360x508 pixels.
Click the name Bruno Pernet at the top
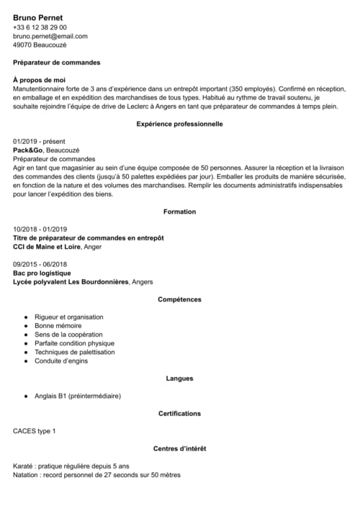point(38,17)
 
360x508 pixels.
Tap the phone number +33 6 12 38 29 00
point(40,27)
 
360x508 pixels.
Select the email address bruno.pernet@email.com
point(50,36)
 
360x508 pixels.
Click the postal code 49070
point(22,45)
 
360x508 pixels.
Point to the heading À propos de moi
point(40,80)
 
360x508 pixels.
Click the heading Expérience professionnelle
point(179,124)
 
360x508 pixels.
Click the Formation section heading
point(179,212)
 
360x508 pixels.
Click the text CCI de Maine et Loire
point(47,247)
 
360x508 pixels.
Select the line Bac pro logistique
point(42,273)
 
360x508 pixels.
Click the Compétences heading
point(179,299)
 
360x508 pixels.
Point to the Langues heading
point(179,378)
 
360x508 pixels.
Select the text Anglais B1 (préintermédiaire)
point(78,396)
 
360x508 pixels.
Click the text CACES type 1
point(34,431)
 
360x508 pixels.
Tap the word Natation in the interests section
point(27,475)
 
